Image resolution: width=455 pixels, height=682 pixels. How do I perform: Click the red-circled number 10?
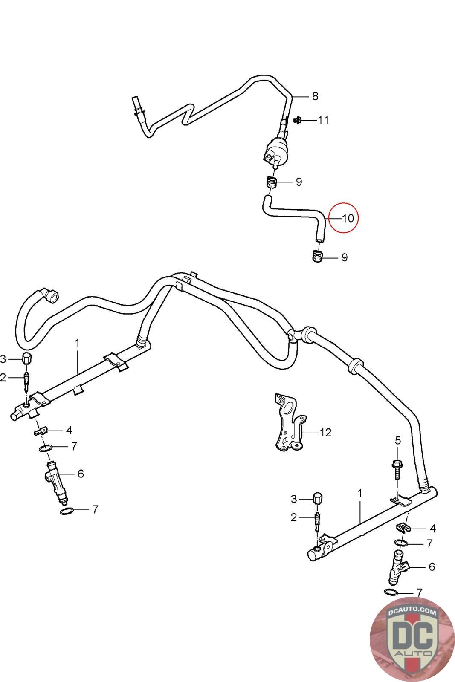point(348,218)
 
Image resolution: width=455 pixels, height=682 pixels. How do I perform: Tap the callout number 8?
point(315,96)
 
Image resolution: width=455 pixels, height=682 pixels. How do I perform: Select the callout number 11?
point(323,120)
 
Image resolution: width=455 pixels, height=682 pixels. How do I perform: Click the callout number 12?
point(325,432)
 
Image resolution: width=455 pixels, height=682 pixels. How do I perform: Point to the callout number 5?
point(398,441)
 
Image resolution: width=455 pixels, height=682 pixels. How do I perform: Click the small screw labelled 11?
point(297,120)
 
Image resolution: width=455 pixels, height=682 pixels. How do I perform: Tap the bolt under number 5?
point(397,470)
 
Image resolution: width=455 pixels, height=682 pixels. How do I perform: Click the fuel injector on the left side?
point(57,481)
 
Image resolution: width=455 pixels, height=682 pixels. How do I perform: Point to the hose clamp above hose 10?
point(270,182)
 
